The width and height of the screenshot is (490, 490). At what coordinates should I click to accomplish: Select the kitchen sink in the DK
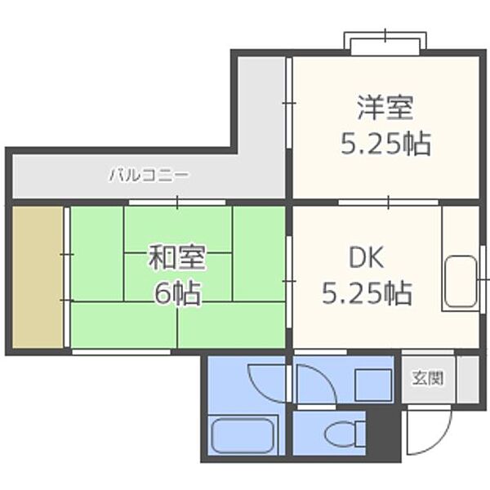pyautogui.click(x=461, y=282)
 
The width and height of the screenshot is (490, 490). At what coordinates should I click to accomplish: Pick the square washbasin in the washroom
pyautogui.click(x=374, y=384)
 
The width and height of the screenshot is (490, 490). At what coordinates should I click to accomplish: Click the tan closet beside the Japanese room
pyautogui.click(x=37, y=278)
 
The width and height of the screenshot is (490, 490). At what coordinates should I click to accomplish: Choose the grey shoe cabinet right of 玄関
pyautogui.click(x=468, y=378)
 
